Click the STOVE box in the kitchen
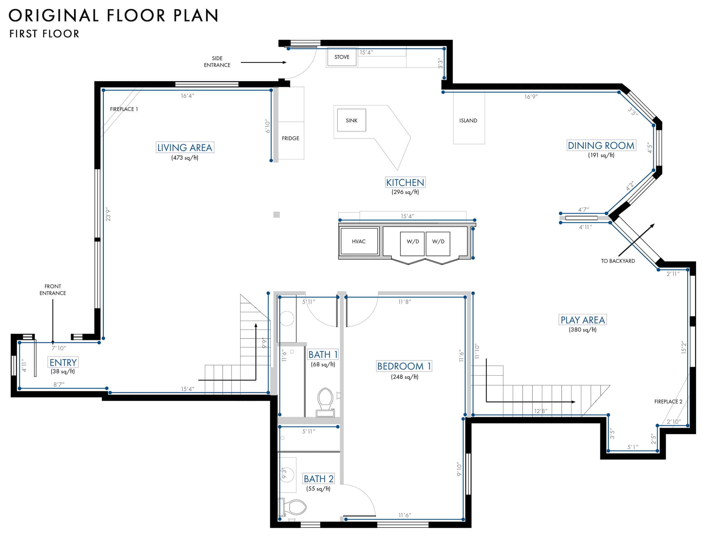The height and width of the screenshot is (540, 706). [x=342, y=57]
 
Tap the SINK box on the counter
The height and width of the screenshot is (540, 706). [x=351, y=120]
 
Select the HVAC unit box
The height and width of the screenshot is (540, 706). [x=359, y=241]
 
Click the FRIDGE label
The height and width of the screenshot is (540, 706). [x=290, y=138]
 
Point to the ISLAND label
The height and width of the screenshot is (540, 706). [x=468, y=121]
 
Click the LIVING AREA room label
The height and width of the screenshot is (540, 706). [x=185, y=148]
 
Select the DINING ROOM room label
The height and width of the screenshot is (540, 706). [x=601, y=145]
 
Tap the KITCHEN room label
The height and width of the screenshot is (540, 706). [x=405, y=183]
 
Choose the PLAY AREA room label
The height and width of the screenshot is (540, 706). [x=583, y=320]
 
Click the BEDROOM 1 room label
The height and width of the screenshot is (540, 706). [x=404, y=366]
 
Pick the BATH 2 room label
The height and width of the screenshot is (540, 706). [x=319, y=479]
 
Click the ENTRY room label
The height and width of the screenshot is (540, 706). [x=63, y=362]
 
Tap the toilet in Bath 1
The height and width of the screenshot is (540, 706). [x=325, y=402]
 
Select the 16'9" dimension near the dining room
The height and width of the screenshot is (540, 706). [x=531, y=97]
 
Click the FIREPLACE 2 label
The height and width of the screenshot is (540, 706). [x=668, y=401]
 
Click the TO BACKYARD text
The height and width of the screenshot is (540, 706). [x=618, y=261]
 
